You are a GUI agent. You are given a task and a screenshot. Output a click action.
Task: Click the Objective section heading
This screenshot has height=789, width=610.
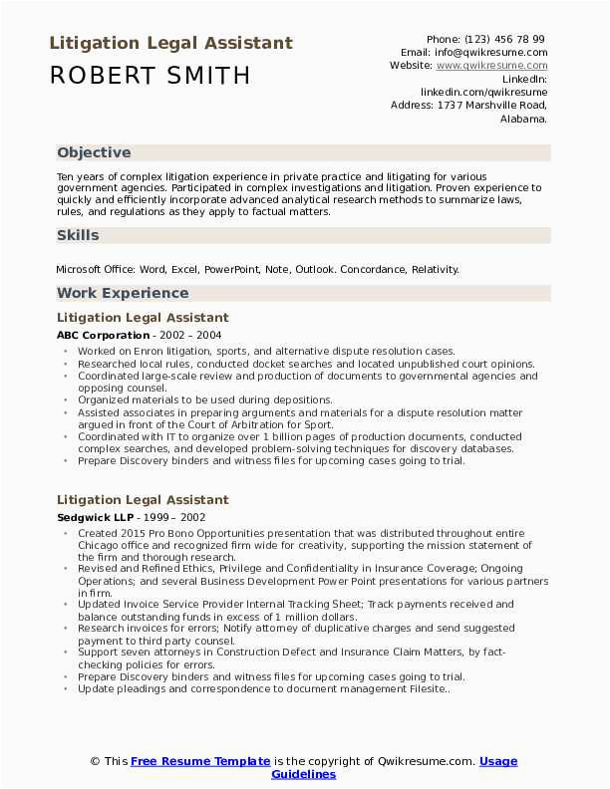tap(94, 152)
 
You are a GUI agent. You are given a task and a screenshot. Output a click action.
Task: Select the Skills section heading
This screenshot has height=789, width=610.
tap(78, 235)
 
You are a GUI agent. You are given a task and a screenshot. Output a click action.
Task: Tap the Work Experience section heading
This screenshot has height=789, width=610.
tap(123, 293)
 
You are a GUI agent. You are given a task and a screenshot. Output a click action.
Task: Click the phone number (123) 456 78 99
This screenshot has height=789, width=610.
tap(508, 39)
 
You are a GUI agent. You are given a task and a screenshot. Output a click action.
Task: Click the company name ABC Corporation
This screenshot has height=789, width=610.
tap(103, 336)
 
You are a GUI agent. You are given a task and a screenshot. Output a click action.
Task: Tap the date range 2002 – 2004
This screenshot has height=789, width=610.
tap(193, 336)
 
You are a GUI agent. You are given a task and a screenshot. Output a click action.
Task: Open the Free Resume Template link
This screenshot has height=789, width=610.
tap(200, 761)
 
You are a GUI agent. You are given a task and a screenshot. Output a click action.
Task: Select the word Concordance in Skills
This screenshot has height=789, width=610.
tap(375, 269)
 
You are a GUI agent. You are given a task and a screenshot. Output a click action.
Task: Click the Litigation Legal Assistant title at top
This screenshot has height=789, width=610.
tap(170, 43)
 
